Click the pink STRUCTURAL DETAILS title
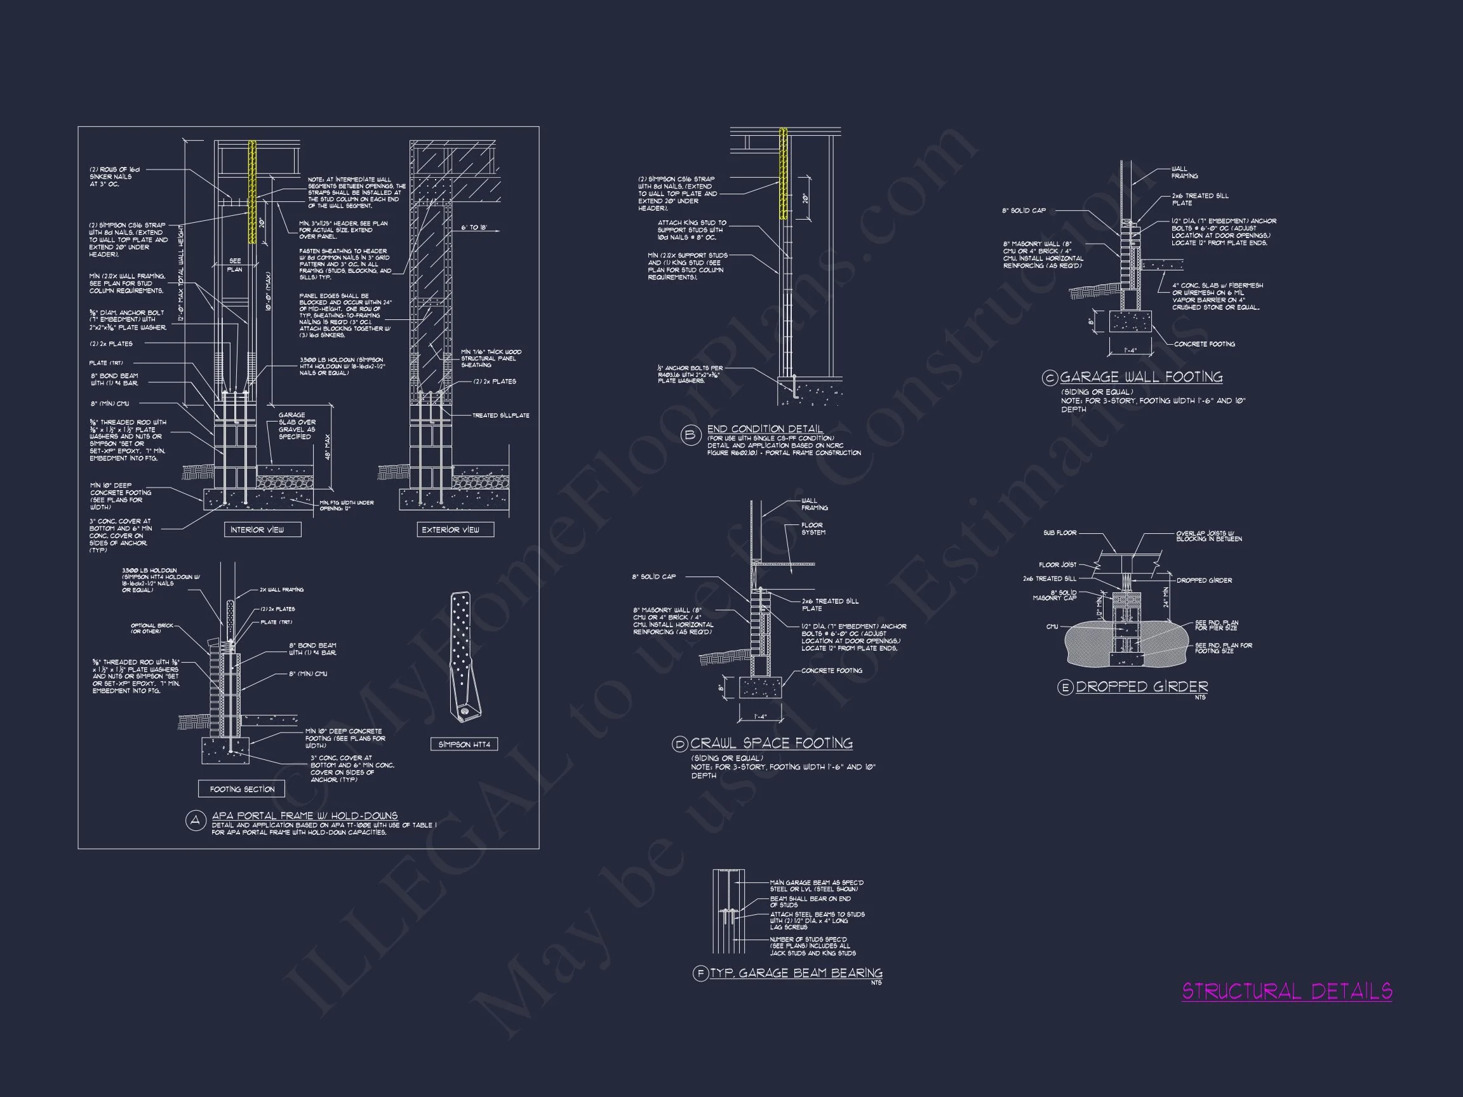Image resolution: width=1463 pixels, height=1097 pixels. pos(1286,991)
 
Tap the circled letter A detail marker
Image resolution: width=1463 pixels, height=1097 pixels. pos(195,821)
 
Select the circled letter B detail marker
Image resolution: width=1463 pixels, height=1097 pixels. pos(690,435)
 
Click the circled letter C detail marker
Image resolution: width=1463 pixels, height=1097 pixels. pos(1050,378)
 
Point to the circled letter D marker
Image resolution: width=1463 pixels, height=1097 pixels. pos(680,745)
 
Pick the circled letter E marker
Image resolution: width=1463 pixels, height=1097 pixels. pos(1065,688)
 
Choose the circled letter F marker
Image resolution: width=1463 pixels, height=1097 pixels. pos(700,973)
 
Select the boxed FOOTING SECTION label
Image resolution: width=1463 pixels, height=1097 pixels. pos(242,789)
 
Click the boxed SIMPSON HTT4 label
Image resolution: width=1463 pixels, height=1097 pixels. pos(464,745)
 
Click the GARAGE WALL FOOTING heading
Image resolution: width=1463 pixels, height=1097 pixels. pos(1141,377)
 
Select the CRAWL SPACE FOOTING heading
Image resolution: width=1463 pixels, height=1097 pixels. pos(771,743)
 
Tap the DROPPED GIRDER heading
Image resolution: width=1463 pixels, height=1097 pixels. pos(1142,686)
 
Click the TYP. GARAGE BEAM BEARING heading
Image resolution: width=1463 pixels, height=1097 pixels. pos(796,973)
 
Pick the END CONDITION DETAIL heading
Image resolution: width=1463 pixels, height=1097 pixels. pos(765,429)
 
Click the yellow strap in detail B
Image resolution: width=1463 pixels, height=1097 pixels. pos(783,173)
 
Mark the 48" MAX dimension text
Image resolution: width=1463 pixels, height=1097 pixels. pos(328,448)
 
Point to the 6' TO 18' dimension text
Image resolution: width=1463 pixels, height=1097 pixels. pos(474,227)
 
